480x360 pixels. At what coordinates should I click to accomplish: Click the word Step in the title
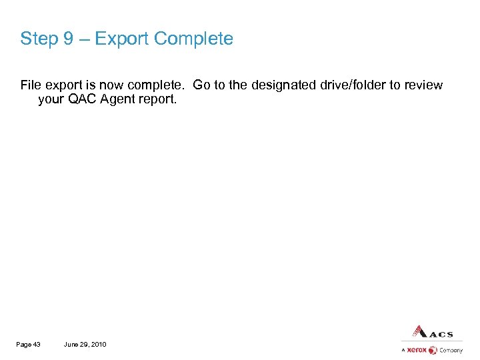tap(39, 39)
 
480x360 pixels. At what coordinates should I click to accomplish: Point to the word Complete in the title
tap(193, 39)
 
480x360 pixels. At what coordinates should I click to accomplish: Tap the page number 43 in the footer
tap(37, 344)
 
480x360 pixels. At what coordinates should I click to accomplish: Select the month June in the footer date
tap(71, 344)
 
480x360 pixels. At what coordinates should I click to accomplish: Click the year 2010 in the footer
tap(97, 344)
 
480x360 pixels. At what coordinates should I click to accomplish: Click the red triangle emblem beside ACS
tap(419, 331)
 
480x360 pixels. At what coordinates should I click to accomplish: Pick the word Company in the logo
tap(451, 350)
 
